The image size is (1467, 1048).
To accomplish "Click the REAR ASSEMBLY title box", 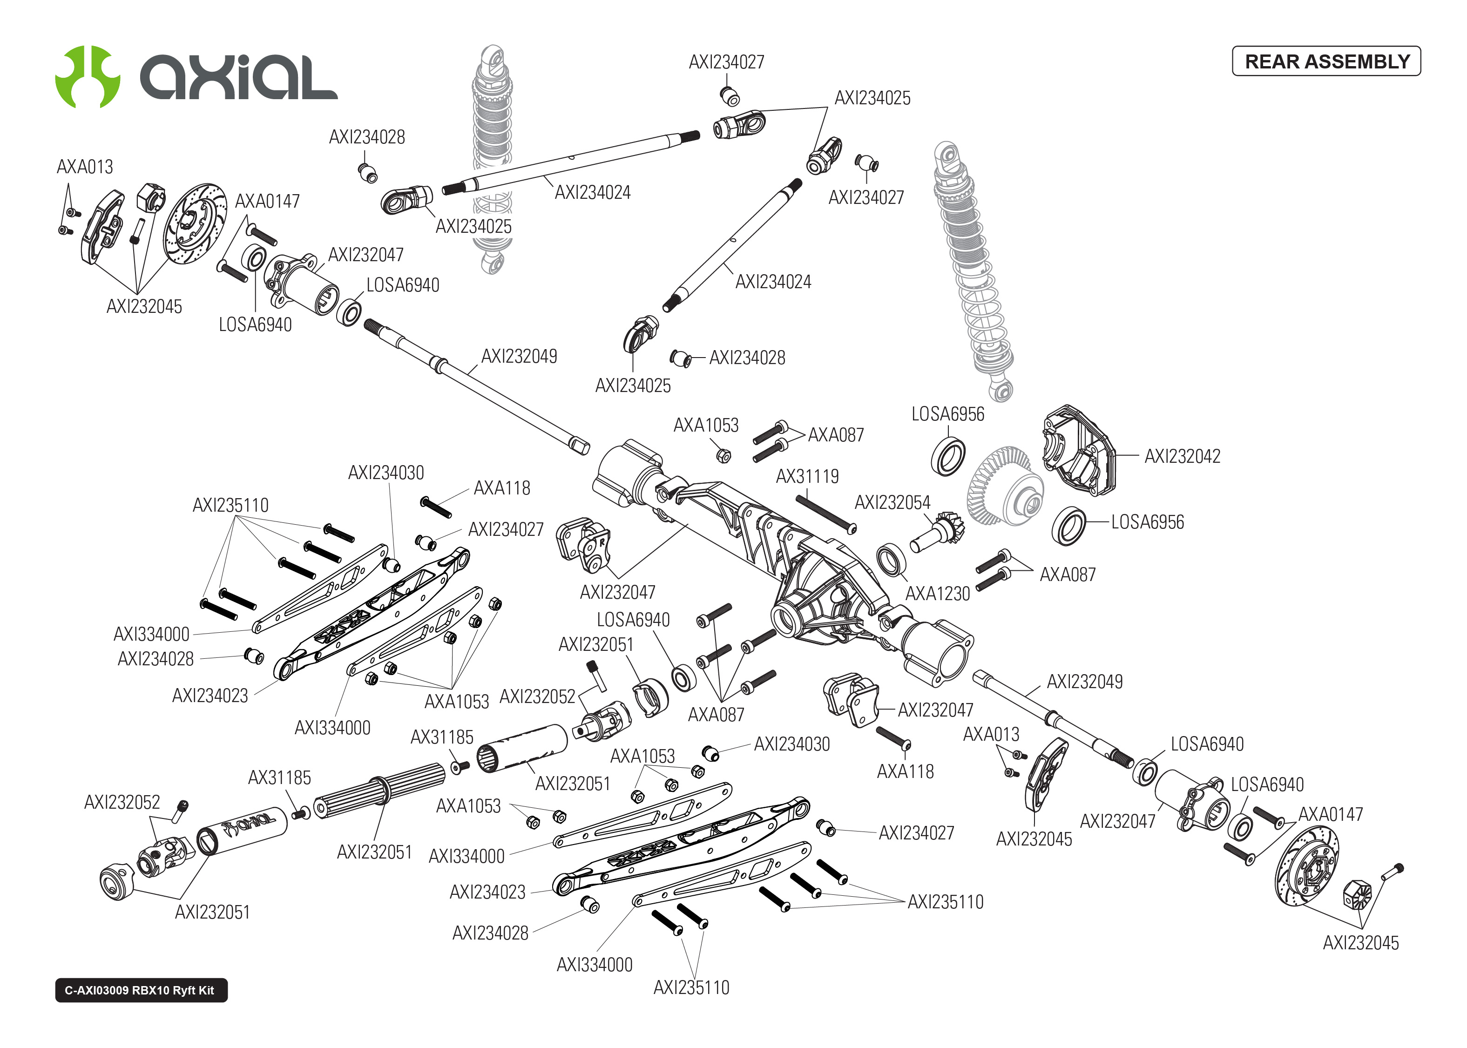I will coord(1326,61).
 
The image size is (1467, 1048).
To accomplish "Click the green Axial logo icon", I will coord(88,77).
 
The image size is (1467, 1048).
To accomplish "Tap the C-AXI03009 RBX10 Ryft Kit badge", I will coord(141,990).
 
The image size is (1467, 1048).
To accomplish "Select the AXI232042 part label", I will coord(1182,456).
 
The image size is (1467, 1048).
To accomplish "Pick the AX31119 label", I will coord(807,476).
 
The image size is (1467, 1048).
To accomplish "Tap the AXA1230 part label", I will coord(937,594).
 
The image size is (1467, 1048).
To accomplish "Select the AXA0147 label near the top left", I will coord(267,201).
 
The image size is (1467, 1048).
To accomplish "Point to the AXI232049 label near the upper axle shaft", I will coord(519,356).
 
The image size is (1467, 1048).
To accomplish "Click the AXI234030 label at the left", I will coord(386,473).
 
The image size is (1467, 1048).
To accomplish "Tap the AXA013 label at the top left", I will coord(85,167).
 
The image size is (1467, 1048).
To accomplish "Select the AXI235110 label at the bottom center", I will coord(691,987).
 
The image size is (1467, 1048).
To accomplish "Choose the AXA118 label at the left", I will coord(501,488).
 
